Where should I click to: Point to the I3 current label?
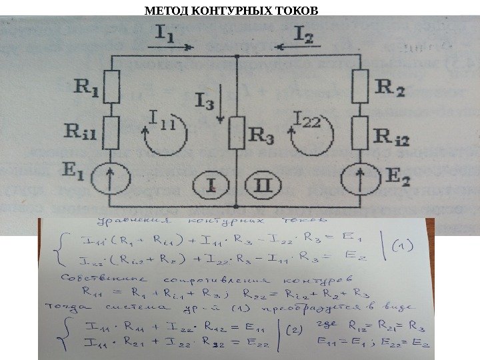click(205, 102)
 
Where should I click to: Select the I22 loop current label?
click(307, 120)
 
